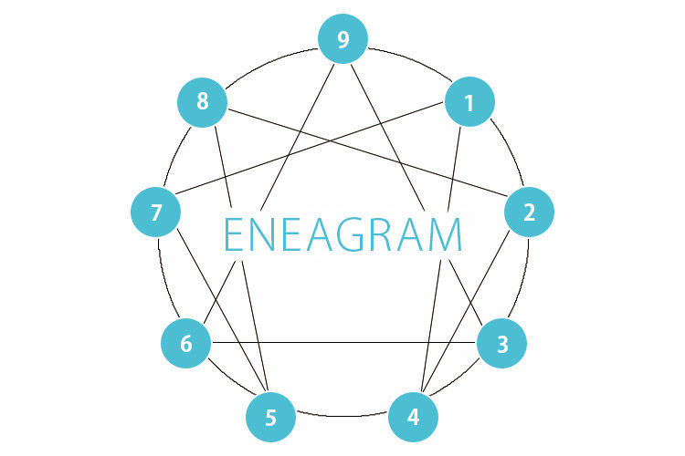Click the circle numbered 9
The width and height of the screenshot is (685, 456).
342,39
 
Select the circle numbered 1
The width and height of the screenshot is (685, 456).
469,101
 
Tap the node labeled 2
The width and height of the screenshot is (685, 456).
529,212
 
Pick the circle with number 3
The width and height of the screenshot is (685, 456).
501,343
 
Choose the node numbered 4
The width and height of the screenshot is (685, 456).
413,417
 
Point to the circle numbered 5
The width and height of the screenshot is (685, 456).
271,417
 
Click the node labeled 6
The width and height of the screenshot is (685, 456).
186,343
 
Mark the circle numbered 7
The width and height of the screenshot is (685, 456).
156,212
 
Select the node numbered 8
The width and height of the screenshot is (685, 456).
202,102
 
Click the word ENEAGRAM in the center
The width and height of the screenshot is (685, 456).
342,234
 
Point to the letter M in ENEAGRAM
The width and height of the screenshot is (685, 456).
444,234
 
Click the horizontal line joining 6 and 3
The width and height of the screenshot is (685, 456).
343,343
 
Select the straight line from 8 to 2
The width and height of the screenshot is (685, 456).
368,152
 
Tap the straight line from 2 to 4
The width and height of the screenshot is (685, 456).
466,311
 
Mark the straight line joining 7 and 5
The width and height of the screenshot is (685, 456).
222,310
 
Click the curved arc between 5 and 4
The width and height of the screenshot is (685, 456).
342,416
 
